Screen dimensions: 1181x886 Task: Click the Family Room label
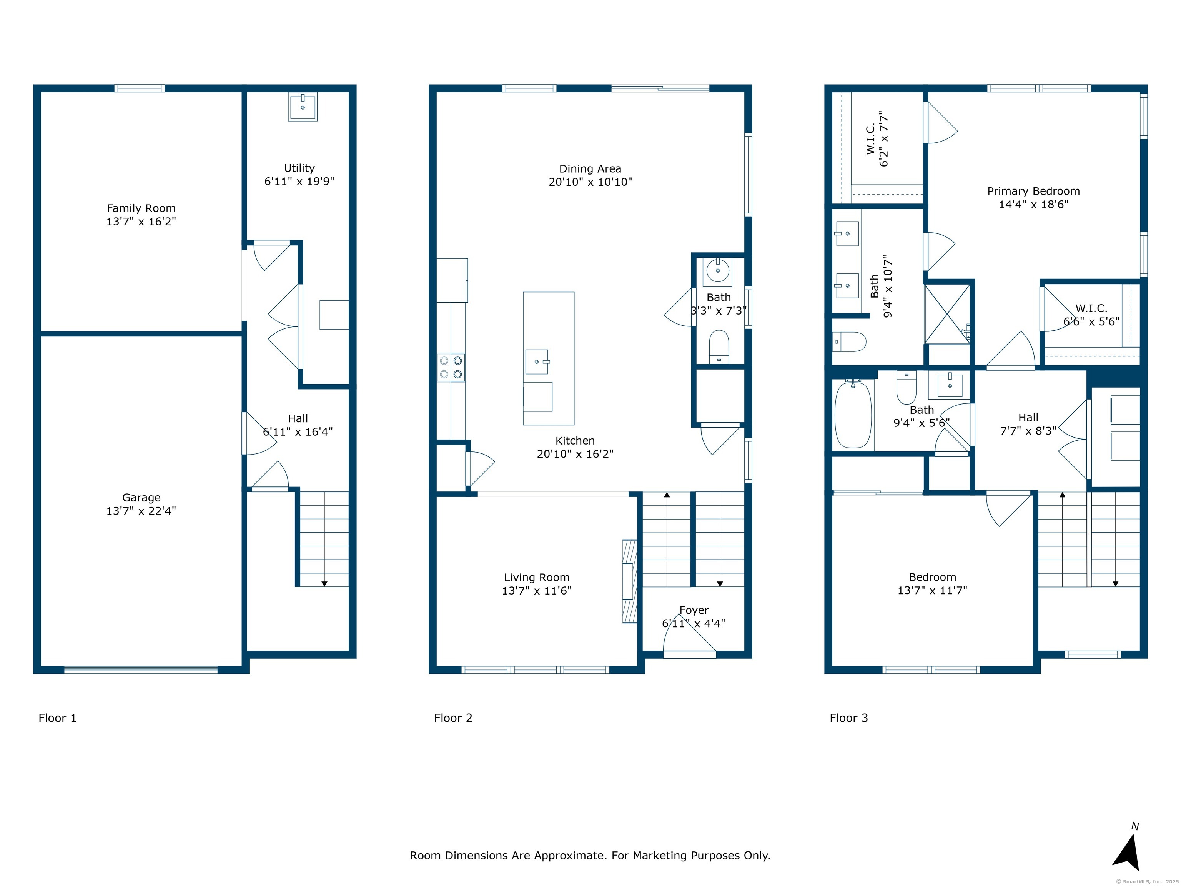[x=141, y=208]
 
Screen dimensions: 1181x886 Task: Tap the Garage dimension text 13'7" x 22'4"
[x=141, y=511]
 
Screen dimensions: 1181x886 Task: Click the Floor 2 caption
[x=453, y=718]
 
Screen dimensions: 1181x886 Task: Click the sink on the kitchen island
[x=537, y=361]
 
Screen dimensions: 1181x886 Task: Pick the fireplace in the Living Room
[x=630, y=581]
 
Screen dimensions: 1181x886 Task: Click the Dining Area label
[x=590, y=169]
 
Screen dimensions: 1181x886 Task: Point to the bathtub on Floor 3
[x=853, y=415]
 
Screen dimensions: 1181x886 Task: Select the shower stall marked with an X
[x=947, y=314]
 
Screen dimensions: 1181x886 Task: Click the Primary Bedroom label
[x=1033, y=191]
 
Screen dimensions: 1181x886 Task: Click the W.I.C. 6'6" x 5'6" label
[x=1091, y=315]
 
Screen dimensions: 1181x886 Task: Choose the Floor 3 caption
[x=848, y=718]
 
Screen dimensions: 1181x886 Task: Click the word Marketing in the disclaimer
[x=659, y=856]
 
